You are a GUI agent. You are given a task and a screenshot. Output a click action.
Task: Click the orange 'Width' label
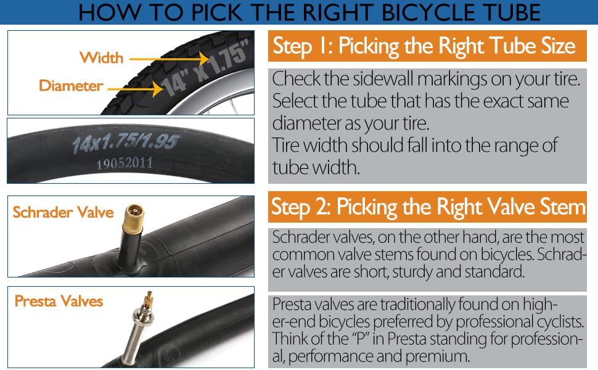pyautogui.click(x=102, y=58)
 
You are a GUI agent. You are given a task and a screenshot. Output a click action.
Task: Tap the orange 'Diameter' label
pyautogui.click(x=71, y=86)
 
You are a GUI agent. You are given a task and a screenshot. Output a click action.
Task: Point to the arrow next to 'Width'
pyautogui.click(x=170, y=59)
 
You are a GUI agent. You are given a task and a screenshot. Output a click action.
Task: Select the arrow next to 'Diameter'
pyautogui.click(x=136, y=89)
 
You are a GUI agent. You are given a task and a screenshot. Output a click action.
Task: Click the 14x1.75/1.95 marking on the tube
pyautogui.click(x=125, y=142)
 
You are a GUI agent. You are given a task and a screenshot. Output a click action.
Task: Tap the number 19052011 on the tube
pyautogui.click(x=125, y=163)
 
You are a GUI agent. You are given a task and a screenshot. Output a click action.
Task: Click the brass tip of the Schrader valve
pyautogui.click(x=134, y=217)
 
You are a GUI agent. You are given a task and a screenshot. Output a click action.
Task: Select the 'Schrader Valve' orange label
pyautogui.click(x=63, y=212)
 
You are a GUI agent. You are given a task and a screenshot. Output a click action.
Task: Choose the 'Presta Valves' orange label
pyautogui.click(x=59, y=301)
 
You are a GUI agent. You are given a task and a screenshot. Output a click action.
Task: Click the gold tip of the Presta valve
pyautogui.click(x=149, y=300)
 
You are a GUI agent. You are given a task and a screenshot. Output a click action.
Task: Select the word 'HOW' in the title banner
pyautogui.click(x=110, y=12)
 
